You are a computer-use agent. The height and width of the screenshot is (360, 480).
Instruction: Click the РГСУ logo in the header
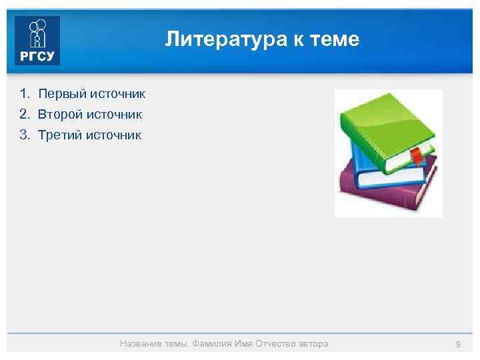tap(37, 41)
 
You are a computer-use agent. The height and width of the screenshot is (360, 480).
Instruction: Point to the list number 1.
tap(24, 93)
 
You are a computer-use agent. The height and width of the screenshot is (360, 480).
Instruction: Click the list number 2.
tap(24, 115)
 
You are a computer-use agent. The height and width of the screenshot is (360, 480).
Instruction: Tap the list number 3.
tap(24, 135)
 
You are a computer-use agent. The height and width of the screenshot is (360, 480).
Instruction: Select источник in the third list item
tap(118, 135)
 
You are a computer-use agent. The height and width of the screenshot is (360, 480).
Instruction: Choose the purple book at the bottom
tap(380, 193)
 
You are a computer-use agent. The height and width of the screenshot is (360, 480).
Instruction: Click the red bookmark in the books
tap(415, 157)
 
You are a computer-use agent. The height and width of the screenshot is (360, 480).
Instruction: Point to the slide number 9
tap(458, 344)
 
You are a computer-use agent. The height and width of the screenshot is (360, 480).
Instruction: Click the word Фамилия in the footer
tap(212, 344)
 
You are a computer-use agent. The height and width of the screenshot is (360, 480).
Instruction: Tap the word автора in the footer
tap(312, 344)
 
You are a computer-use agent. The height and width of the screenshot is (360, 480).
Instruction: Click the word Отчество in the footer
tap(272, 344)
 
